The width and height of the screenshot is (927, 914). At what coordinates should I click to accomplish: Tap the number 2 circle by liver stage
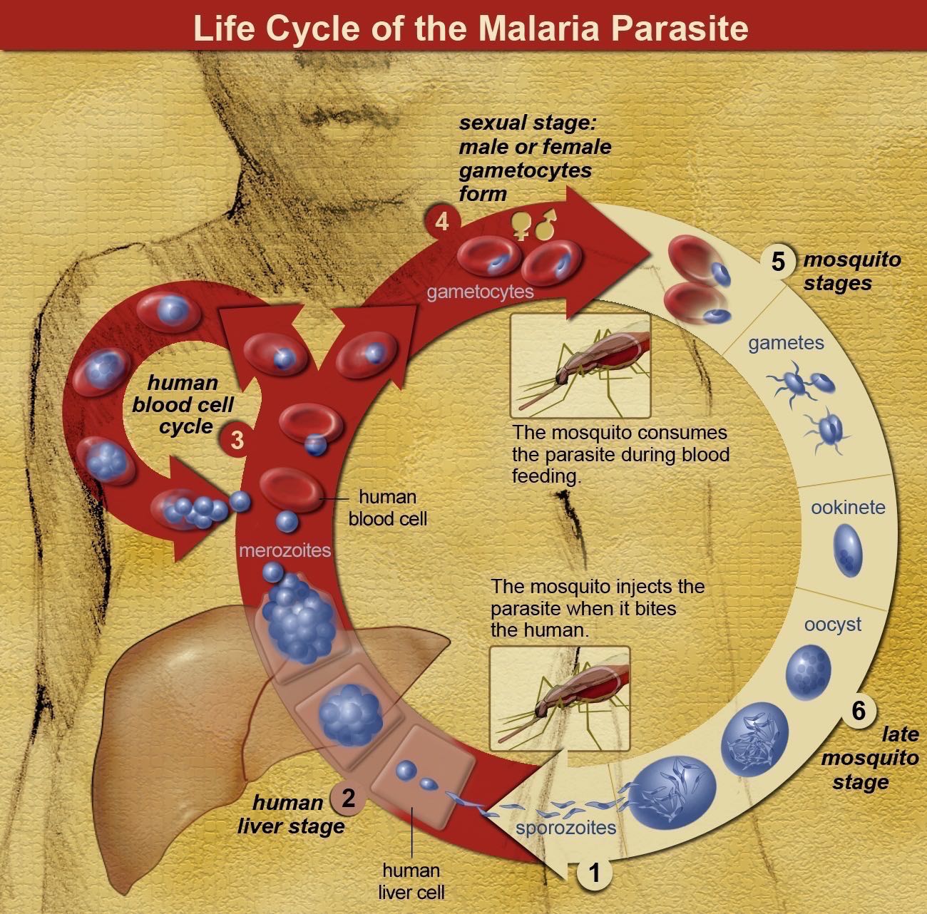click(348, 798)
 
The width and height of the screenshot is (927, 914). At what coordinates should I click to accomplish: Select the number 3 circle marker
click(237, 440)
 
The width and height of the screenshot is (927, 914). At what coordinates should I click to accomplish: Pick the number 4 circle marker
click(442, 222)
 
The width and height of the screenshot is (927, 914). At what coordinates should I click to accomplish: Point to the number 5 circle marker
click(778, 262)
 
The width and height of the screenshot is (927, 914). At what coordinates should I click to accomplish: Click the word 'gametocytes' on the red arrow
click(480, 292)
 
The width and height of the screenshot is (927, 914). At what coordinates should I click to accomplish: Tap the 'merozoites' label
click(285, 550)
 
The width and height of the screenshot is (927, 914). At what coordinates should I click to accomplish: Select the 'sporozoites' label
click(565, 828)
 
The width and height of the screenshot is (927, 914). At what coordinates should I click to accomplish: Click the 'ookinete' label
click(848, 508)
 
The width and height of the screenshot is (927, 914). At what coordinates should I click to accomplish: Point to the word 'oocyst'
click(832, 625)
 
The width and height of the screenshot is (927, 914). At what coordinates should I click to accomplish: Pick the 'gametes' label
click(786, 344)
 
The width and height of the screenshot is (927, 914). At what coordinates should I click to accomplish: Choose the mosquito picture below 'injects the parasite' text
click(560, 699)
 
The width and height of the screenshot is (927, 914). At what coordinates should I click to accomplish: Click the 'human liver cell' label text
click(411, 880)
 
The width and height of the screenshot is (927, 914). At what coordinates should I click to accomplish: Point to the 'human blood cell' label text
click(387, 508)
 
